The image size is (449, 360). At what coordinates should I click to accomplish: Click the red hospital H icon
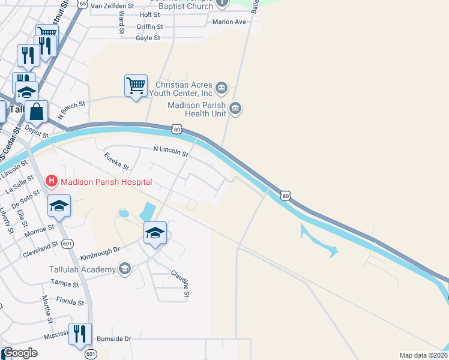click(x=52, y=181)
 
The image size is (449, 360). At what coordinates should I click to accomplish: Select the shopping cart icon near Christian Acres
click(x=136, y=86)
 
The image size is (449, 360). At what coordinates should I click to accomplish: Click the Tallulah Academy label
click(x=83, y=269)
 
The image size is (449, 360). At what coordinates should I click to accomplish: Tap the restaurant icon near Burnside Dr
click(x=80, y=333)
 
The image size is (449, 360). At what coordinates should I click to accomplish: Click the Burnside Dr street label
click(x=114, y=339)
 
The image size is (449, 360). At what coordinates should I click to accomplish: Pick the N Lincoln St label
click(x=171, y=151)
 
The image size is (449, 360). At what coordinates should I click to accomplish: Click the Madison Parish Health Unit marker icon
click(x=235, y=109)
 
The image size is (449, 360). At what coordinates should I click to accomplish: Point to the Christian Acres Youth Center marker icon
click(x=221, y=89)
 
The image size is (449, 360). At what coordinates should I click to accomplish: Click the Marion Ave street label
click(x=229, y=22)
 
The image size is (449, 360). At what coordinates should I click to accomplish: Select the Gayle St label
click(x=148, y=38)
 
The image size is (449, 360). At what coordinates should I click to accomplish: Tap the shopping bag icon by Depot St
click(x=37, y=112)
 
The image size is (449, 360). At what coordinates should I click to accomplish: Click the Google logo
click(x=20, y=353)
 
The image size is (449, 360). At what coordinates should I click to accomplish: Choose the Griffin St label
click(x=149, y=27)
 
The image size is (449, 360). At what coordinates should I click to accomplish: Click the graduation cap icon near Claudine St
click(x=155, y=233)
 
